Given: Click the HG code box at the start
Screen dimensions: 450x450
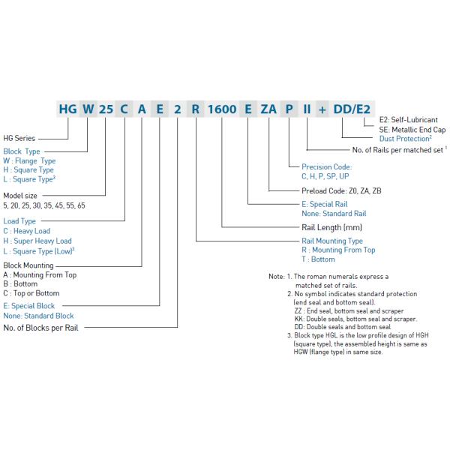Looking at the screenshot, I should coord(68,108).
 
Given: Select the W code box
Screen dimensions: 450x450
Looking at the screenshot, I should coord(88,108).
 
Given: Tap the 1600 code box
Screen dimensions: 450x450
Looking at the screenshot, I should coord(222,108).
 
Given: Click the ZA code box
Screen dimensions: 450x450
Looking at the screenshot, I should coord(268,108).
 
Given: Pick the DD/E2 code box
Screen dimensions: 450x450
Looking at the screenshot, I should coord(352,108).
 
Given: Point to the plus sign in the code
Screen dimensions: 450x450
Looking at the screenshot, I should coord(324,108).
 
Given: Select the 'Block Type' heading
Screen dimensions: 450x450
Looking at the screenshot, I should coord(23,151).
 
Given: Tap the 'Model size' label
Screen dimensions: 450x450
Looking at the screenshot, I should coord(21,195).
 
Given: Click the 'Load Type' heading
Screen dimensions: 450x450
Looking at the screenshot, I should coord(20,222).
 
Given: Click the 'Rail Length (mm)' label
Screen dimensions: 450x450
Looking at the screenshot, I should coord(331,226).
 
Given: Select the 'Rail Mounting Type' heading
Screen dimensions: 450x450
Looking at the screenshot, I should coord(331,241).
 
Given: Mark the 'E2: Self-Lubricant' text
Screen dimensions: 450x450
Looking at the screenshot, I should coord(409,120).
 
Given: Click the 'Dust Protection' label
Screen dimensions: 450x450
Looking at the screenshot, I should coord(404,139).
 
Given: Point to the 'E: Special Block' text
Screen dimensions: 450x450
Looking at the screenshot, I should coord(28,306).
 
